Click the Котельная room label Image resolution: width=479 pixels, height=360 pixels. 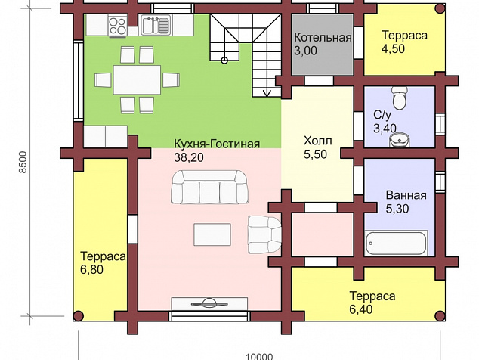pyautogui.click(x=323, y=38)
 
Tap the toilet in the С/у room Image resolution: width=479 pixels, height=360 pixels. pyautogui.click(x=400, y=98)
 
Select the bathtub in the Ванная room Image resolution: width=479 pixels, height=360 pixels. pyautogui.click(x=396, y=244)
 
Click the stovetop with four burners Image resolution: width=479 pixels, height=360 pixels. pyautogui.click(x=118, y=26)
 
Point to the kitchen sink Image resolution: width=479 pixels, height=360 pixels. pyautogui.click(x=155, y=26)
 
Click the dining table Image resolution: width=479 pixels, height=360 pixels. pyautogui.click(x=137, y=79)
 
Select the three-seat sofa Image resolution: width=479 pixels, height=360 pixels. pyautogui.click(x=209, y=188)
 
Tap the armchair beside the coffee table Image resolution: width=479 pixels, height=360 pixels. pyautogui.click(x=264, y=234)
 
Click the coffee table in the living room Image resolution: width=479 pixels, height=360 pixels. pyautogui.click(x=212, y=234)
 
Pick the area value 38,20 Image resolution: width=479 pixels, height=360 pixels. pyautogui.click(x=189, y=157)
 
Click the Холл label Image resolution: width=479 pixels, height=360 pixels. pyautogui.click(x=318, y=141)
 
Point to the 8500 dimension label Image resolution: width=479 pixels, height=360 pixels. pyautogui.click(x=23, y=163)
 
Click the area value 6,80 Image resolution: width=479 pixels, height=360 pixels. pyautogui.click(x=91, y=270)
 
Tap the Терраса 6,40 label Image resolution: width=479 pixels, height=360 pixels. pyautogui.click(x=372, y=303)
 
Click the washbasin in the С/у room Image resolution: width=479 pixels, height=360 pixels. pyautogui.click(x=400, y=140)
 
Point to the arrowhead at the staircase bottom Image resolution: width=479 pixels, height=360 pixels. pyautogui.click(x=267, y=93)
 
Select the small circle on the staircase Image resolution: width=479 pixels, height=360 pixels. pyautogui.click(x=224, y=61)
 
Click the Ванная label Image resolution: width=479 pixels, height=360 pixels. pyautogui.click(x=406, y=195)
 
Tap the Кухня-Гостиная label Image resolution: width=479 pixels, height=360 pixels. pyautogui.click(x=217, y=144)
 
